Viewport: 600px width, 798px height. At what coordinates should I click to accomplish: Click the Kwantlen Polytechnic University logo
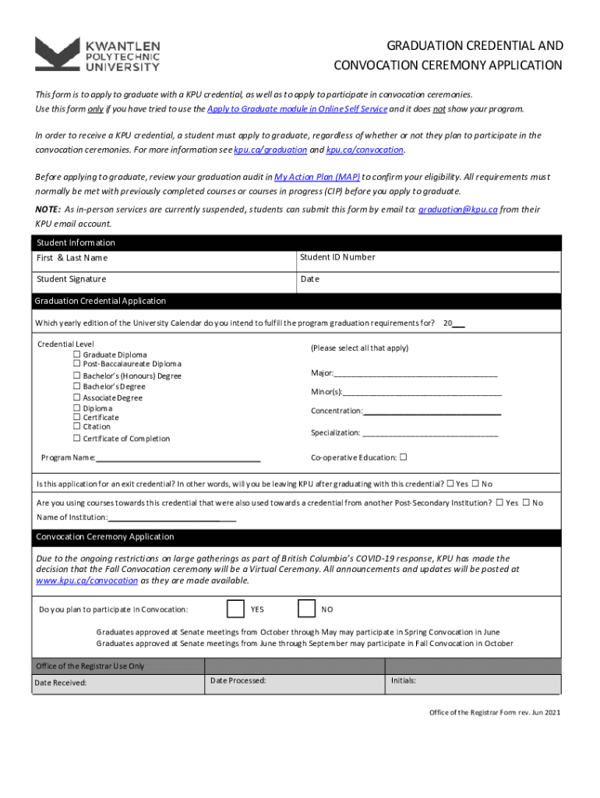pyautogui.click(x=97, y=55)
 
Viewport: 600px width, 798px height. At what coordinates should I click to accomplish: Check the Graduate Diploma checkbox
pyautogui.click(x=76, y=355)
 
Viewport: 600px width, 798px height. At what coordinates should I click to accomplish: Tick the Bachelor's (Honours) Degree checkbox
pyautogui.click(x=76, y=376)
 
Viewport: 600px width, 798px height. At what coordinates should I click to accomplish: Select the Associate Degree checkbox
pyautogui.click(x=76, y=397)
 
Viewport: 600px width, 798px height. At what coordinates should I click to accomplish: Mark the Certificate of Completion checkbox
pyautogui.click(x=76, y=438)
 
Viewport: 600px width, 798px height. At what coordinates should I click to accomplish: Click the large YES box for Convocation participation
pyautogui.click(x=235, y=609)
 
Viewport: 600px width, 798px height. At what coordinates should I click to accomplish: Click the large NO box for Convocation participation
pyautogui.click(x=307, y=609)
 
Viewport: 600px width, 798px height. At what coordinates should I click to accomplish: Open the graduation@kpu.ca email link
pyautogui.click(x=457, y=210)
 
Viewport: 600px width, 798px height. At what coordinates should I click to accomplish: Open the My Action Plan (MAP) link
pyautogui.click(x=317, y=177)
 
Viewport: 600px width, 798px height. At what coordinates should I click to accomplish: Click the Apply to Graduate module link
pyautogui.click(x=297, y=109)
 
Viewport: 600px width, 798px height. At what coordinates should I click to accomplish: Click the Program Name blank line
pyautogui.click(x=178, y=458)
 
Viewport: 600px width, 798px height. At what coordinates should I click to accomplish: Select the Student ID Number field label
pyautogui.click(x=337, y=257)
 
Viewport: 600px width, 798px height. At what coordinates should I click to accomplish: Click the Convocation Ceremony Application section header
pyautogui.click(x=104, y=537)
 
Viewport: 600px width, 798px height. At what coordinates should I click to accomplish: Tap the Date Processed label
pyautogui.click(x=238, y=680)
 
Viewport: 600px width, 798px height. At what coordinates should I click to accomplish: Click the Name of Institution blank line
pyautogui.click(x=171, y=517)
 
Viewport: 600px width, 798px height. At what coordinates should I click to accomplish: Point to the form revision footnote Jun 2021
pyautogui.click(x=495, y=711)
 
